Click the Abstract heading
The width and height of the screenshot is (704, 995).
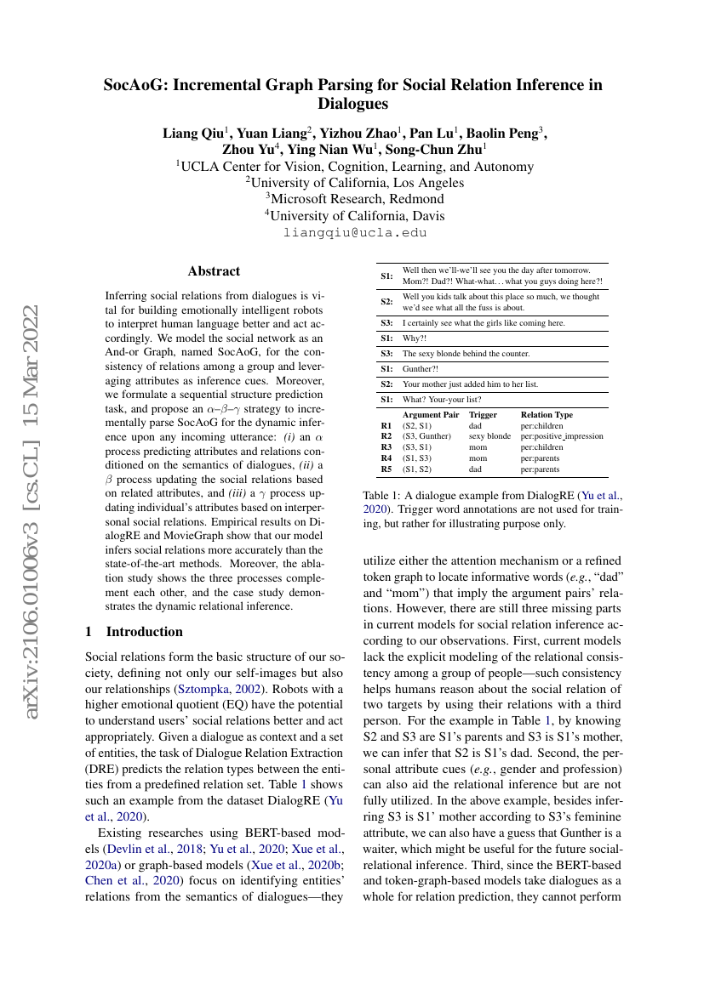click(214, 271)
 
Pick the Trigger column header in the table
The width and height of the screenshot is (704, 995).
click(483, 415)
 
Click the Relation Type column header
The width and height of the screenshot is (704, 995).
click(547, 415)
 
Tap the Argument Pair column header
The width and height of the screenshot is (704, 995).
click(431, 415)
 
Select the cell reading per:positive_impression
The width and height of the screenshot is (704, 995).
click(562, 436)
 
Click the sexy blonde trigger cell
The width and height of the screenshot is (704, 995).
click(489, 436)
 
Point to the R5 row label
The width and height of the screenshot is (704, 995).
click(386, 469)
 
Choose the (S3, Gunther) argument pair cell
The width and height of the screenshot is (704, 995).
click(426, 436)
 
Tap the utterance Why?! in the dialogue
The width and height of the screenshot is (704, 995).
click(414, 338)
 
